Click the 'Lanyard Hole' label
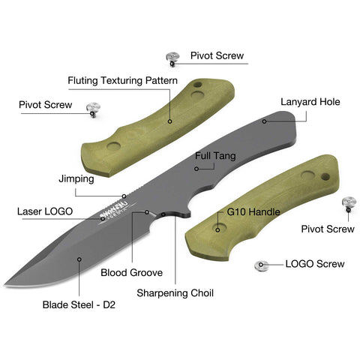(310, 102)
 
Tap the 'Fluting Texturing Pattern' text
(123, 81)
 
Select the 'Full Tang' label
(215, 156)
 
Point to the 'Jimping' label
(76, 179)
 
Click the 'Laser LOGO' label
(45, 211)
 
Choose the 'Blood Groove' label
(132, 272)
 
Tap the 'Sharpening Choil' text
(175, 293)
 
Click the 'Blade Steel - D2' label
(79, 304)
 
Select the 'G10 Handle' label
(253, 212)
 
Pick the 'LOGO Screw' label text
(315, 264)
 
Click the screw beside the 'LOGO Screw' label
(261, 265)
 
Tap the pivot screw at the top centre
(172, 58)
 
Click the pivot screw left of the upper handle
(93, 109)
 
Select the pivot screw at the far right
(349, 204)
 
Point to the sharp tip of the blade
(4, 285)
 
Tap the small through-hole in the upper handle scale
(198, 85)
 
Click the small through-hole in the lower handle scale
(325, 177)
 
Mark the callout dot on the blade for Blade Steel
(79, 259)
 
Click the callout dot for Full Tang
(196, 169)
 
